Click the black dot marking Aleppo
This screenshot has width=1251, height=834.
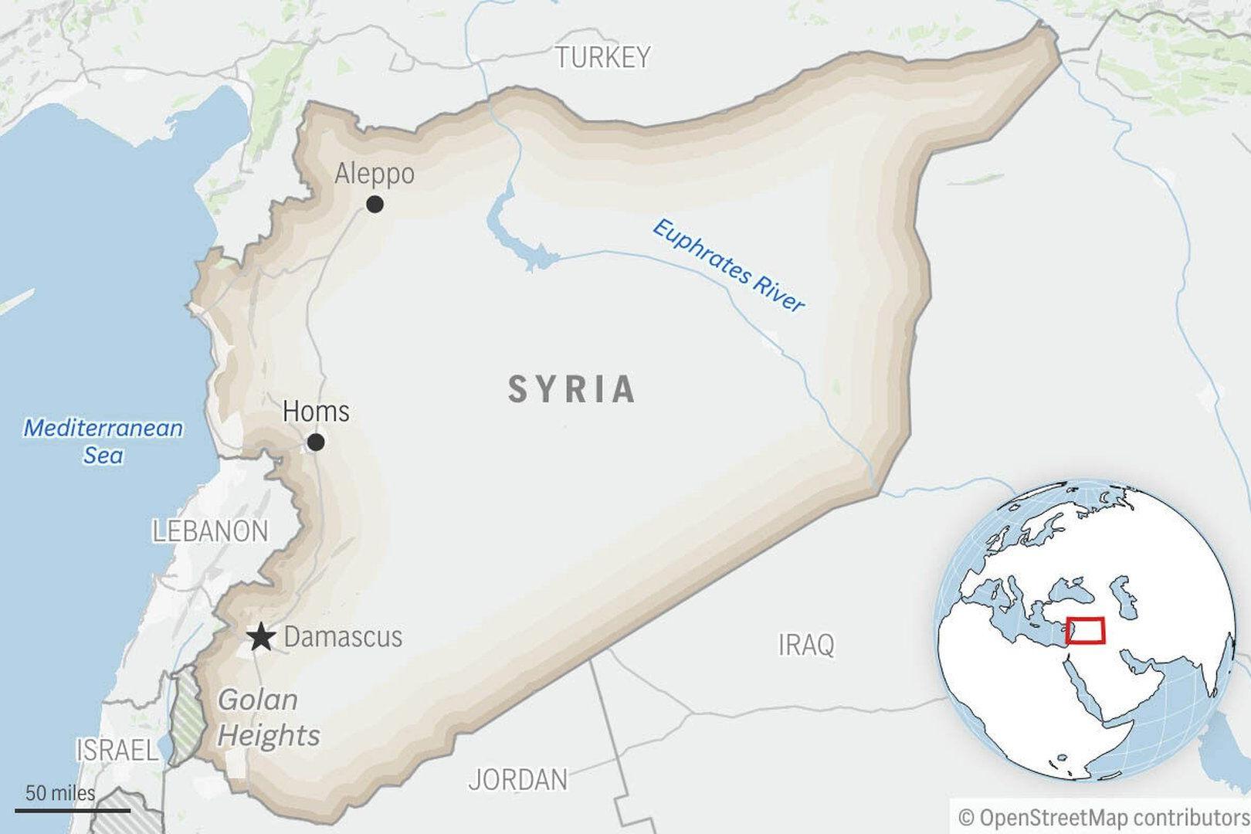click(x=375, y=204)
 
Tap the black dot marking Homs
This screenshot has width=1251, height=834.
click(x=316, y=442)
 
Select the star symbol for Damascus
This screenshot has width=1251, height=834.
click(x=262, y=638)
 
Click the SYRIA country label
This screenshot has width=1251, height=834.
click(x=571, y=389)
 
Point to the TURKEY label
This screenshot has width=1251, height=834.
click(x=602, y=57)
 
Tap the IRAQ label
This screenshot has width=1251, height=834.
click(x=805, y=644)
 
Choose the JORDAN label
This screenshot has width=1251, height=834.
click(x=517, y=779)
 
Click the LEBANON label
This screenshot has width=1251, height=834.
click(x=210, y=531)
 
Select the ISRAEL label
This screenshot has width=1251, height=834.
click(x=116, y=750)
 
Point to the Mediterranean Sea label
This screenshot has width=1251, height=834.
click(x=103, y=441)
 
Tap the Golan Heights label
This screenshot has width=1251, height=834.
click(x=267, y=718)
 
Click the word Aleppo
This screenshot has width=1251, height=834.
click(x=374, y=174)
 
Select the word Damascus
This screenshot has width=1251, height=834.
click(x=343, y=637)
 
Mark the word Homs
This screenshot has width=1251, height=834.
click(x=316, y=412)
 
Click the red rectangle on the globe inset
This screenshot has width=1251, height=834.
click(x=1085, y=630)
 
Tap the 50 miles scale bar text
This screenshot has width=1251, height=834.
click(x=60, y=793)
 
